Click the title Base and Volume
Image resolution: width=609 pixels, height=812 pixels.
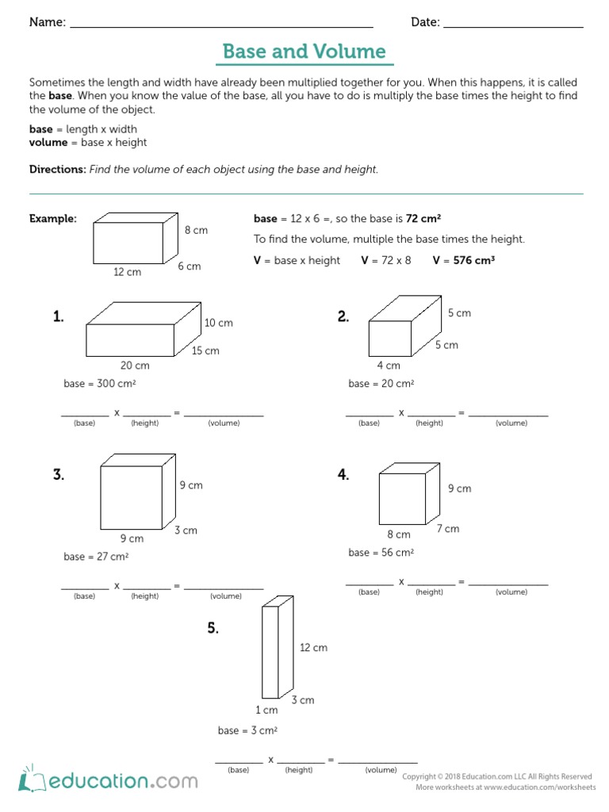[304, 52]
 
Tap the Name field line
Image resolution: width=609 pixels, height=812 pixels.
[221, 25]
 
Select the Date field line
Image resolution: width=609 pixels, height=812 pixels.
[513, 25]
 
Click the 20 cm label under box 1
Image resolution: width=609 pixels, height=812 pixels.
[135, 366]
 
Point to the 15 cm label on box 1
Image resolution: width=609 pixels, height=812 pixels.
[206, 350]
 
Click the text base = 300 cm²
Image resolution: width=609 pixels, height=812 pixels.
[96, 384]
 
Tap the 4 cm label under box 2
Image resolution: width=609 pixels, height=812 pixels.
[389, 366]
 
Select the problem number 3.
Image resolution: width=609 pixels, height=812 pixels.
[59, 475]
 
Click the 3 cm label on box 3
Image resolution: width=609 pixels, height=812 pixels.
[186, 530]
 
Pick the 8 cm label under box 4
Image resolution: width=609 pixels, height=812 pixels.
[399, 535]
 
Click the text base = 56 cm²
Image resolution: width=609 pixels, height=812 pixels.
[381, 553]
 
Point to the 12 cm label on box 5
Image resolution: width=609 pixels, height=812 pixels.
[313, 648]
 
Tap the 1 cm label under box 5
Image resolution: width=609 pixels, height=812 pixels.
[266, 710]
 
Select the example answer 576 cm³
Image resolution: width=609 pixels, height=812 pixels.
[474, 260]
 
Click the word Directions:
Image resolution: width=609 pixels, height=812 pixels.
[57, 170]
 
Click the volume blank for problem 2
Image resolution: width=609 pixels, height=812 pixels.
[511, 413]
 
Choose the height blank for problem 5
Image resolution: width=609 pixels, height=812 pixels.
[300, 760]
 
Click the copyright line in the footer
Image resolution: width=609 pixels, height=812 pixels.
[497, 776]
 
